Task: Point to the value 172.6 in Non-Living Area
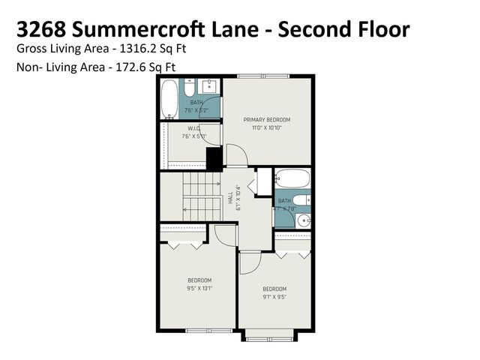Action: point(136,67)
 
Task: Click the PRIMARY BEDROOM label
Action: point(268,119)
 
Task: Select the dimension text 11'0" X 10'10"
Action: point(268,127)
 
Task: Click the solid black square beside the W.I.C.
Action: point(214,159)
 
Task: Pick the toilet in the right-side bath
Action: point(301,200)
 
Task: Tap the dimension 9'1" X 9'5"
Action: point(274,296)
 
